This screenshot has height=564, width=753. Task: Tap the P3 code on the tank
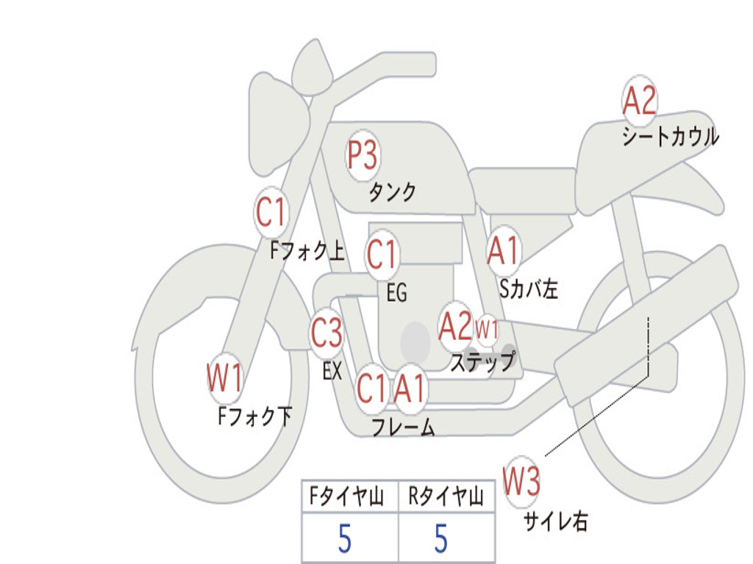coord(363,156)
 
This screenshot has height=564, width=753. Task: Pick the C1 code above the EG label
coord(382,255)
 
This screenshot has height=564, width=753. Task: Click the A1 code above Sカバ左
coord(504,250)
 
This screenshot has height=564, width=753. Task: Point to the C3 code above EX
coord(326,333)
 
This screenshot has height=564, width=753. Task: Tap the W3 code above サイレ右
coord(522,482)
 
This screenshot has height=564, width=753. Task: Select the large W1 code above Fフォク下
coord(224,380)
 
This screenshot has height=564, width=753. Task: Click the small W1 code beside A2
coord(487,329)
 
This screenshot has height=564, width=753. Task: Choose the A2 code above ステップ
coord(455,326)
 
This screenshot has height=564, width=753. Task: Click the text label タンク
coord(392,192)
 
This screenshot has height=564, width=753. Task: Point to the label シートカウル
coord(670,137)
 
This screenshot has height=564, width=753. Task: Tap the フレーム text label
coord(403,427)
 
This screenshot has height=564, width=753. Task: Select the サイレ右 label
coord(555,521)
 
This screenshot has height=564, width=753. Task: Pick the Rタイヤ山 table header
coord(446,499)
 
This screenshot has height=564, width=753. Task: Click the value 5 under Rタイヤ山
coord(441,540)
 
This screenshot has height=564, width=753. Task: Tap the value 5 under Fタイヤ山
coord(344,540)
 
